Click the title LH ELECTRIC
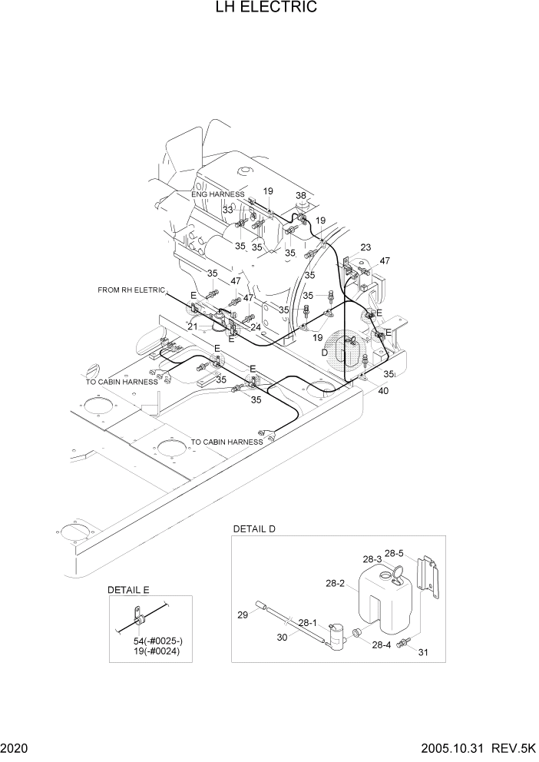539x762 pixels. [269, 8]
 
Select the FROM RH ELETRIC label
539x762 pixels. [131, 290]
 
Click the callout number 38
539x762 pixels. [301, 195]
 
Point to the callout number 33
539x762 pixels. [228, 210]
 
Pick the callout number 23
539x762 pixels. [365, 247]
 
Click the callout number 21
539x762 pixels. [193, 326]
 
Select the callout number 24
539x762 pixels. [256, 326]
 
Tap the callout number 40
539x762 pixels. [383, 391]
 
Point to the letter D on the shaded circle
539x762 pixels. [325, 351]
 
